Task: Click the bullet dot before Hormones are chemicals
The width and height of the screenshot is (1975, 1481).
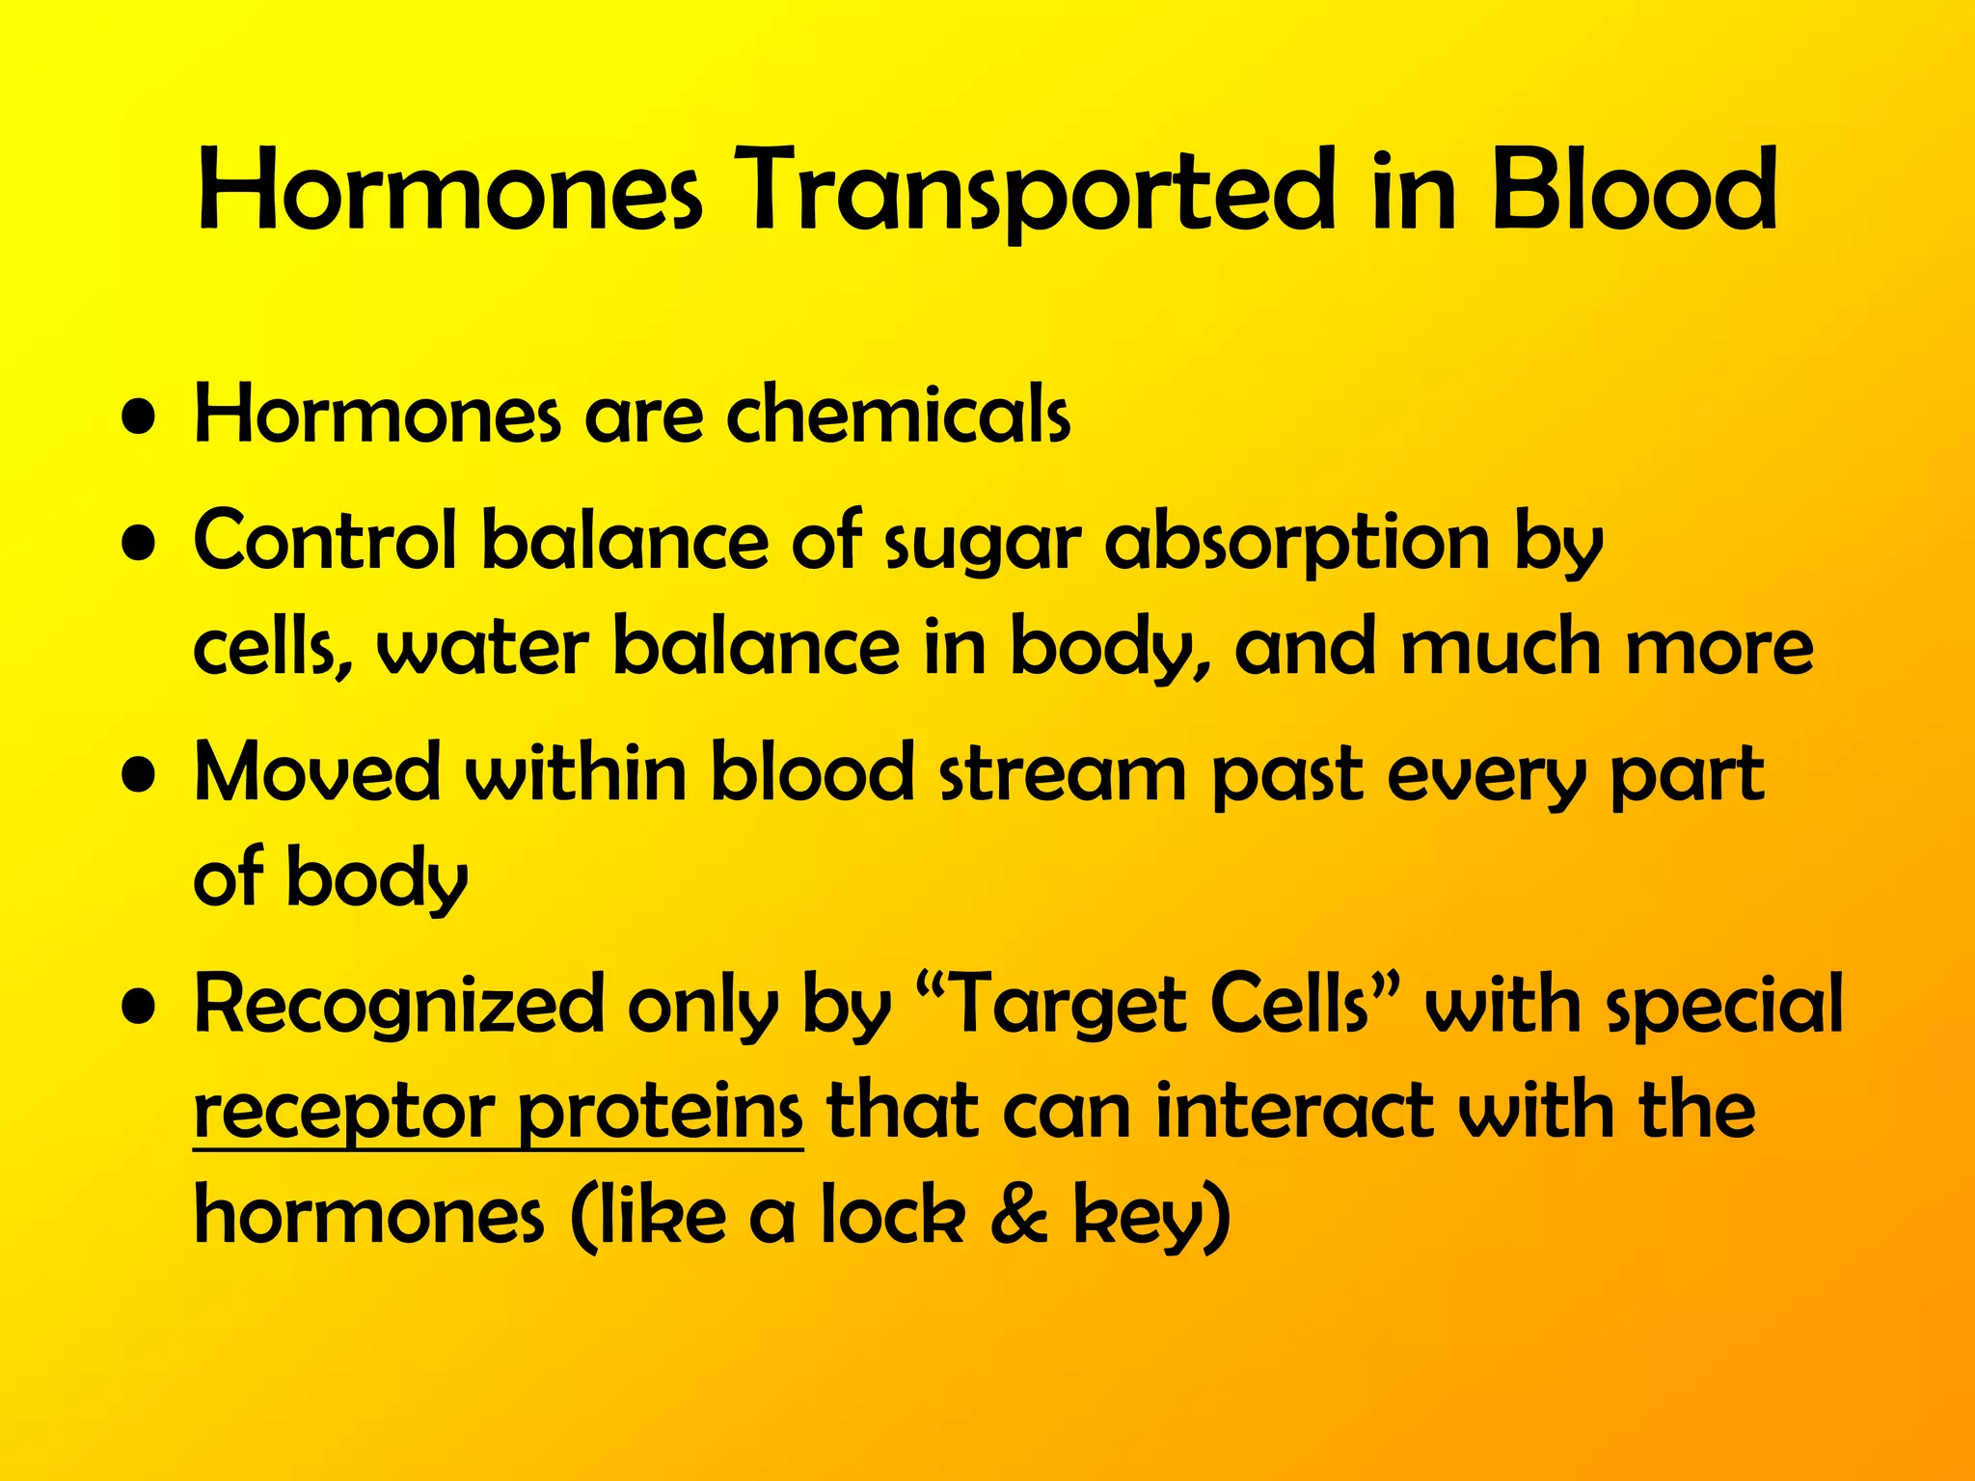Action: tap(141, 421)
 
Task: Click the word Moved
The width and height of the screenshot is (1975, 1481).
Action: tap(317, 773)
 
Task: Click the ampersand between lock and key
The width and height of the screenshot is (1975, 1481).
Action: tap(1018, 1217)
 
